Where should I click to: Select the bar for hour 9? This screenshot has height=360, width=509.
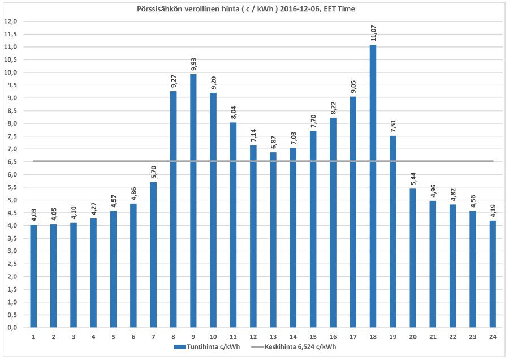193,200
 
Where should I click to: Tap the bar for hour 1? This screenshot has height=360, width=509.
33,276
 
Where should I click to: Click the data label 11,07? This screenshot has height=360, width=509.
373,33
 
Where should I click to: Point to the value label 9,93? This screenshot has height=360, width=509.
193,62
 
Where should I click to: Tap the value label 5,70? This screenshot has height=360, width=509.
153,170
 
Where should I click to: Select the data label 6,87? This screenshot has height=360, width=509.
273,140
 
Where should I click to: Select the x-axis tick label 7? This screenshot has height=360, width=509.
153,337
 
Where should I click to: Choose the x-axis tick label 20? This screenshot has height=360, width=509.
413,337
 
